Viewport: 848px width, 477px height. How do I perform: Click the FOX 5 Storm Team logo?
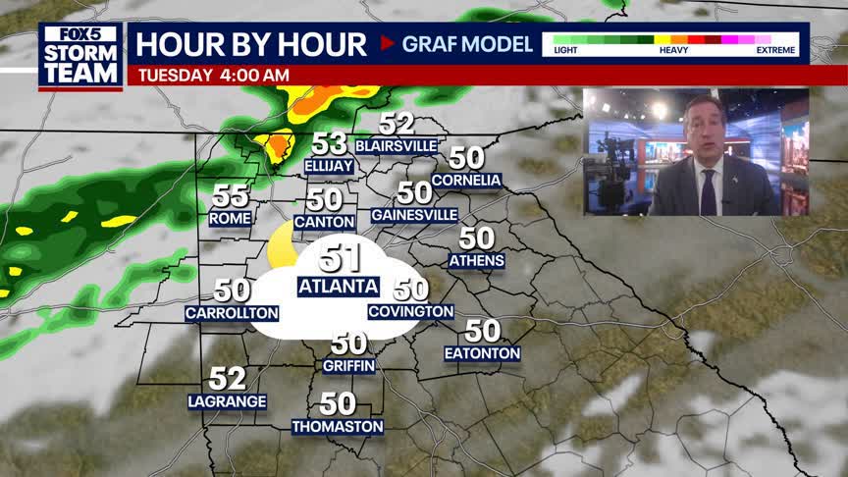(x=80, y=56)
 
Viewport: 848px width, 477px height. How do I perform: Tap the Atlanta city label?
(x=338, y=286)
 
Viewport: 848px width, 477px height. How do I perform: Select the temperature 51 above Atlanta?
(x=340, y=258)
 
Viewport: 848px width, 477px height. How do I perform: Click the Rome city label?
(x=231, y=218)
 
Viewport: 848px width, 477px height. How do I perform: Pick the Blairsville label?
(x=397, y=145)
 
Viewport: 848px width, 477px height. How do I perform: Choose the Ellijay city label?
(x=329, y=166)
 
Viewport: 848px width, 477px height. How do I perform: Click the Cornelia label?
(x=466, y=180)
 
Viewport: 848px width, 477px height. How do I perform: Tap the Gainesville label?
(x=414, y=214)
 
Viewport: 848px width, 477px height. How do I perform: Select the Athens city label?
(x=476, y=260)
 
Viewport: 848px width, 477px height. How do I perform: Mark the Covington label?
(x=410, y=311)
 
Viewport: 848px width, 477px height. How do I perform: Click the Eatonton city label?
(x=482, y=353)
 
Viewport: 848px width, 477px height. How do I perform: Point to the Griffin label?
(x=348, y=365)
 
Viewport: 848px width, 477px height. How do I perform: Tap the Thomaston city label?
(x=337, y=426)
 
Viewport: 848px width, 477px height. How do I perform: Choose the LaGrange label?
(x=227, y=400)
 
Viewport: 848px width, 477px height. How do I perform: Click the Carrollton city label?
(x=232, y=313)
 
